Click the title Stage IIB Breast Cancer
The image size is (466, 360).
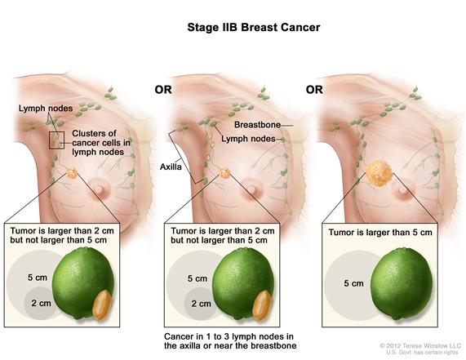(x=254, y=28)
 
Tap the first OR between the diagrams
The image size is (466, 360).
(x=163, y=90)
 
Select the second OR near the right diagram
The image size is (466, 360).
(x=314, y=90)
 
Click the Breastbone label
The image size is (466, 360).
(x=257, y=125)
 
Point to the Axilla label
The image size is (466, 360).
(x=171, y=167)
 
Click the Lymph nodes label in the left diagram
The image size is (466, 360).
(x=46, y=109)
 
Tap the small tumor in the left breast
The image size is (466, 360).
(x=72, y=173)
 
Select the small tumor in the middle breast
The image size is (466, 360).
(x=224, y=173)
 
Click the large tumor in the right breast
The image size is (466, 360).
(x=379, y=173)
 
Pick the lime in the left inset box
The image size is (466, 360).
(x=83, y=283)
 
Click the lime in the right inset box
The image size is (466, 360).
(x=402, y=283)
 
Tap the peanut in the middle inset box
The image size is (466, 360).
(x=262, y=305)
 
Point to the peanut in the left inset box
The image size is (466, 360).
(x=102, y=305)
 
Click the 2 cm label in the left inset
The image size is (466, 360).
(x=41, y=303)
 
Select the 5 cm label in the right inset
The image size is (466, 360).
(x=353, y=283)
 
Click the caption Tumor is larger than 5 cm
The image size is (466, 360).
(x=380, y=233)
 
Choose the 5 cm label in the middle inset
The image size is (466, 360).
(x=197, y=278)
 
